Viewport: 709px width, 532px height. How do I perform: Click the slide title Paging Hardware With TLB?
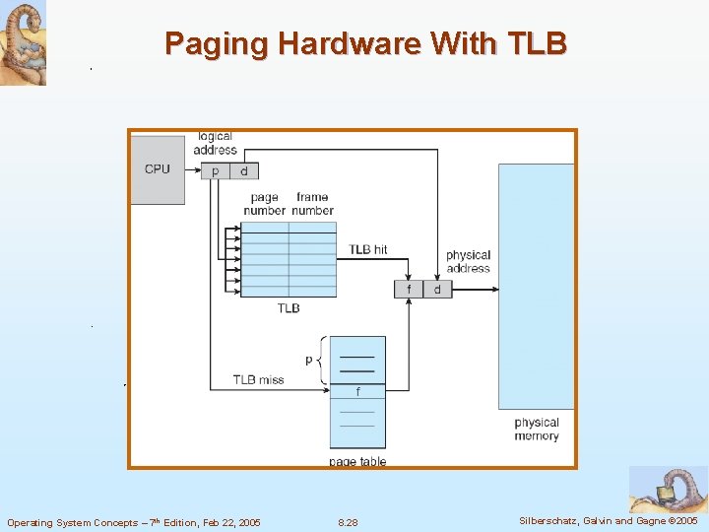(365, 43)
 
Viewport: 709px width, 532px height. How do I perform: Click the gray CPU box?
(158, 169)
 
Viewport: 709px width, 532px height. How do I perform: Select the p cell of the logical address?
(216, 171)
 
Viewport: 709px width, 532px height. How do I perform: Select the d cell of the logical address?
(244, 171)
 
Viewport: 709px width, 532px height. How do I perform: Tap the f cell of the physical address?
(409, 289)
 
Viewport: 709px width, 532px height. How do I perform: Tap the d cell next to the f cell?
(437, 289)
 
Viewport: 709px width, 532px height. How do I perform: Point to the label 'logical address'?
(215, 143)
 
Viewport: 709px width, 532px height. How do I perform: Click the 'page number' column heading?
(264, 204)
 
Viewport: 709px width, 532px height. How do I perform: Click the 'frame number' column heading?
(312, 204)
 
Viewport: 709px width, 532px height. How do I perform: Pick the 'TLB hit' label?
(368, 249)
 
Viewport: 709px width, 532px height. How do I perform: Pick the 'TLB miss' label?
(258, 379)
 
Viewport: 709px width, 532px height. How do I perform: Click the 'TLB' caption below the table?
(289, 308)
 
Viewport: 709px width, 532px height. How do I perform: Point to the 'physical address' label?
(468, 261)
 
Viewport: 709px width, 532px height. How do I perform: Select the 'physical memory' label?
(537, 429)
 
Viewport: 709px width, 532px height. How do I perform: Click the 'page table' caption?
(357, 461)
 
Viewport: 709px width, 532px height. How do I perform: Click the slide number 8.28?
(348, 522)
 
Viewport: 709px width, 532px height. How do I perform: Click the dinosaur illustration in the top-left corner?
(23, 42)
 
